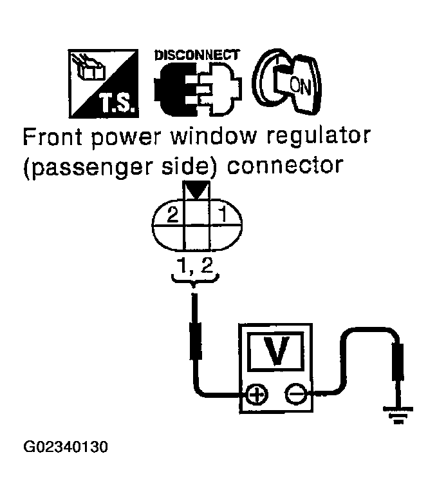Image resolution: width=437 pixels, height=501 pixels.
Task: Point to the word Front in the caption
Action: pyautogui.click(x=52, y=138)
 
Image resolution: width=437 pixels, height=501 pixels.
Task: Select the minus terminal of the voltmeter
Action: pyautogui.click(x=296, y=394)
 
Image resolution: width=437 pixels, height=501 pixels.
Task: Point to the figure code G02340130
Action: pyautogui.click(x=65, y=446)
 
